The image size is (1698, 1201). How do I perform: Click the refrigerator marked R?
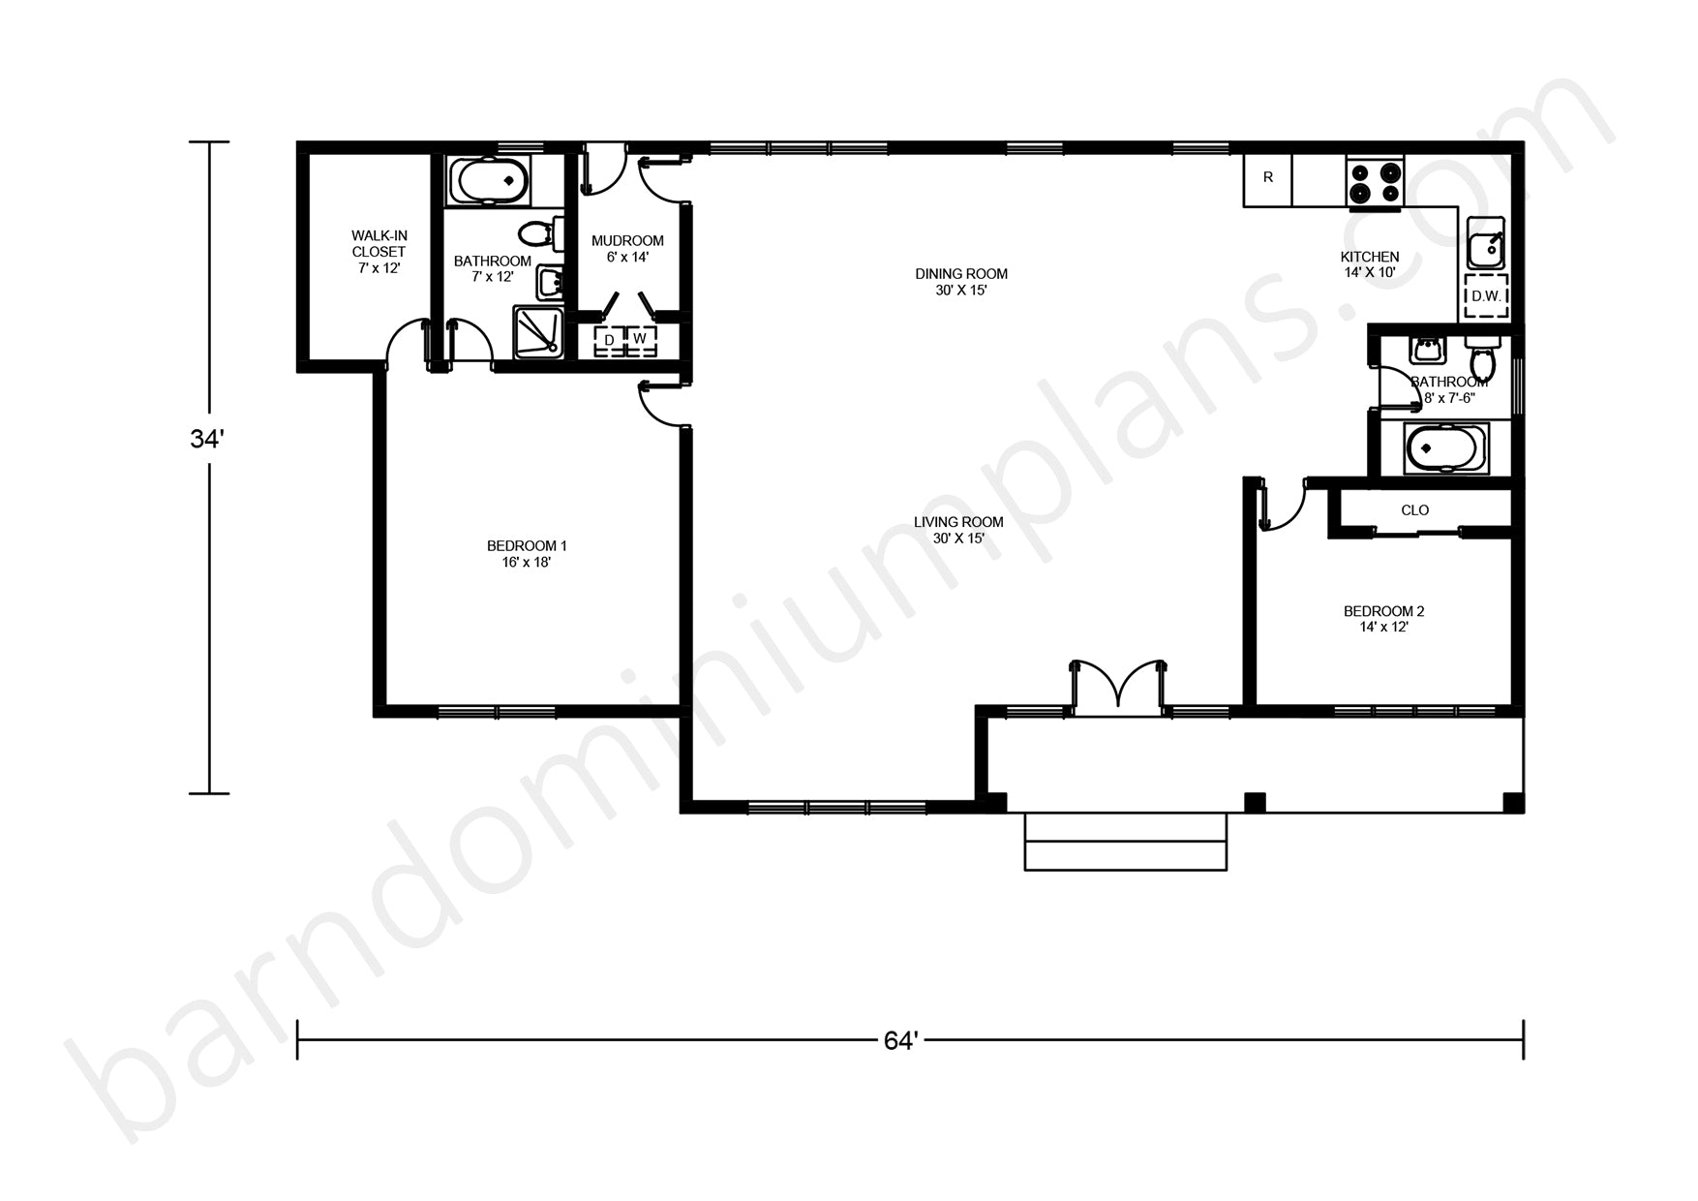click(x=1268, y=180)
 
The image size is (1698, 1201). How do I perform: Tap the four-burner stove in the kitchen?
click(x=1375, y=181)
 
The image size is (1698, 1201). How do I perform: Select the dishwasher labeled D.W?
click(x=1486, y=296)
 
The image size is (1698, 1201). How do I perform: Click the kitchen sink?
click(x=1484, y=242)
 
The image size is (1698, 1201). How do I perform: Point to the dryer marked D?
click(x=609, y=340)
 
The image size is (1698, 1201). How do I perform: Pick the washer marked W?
click(x=640, y=340)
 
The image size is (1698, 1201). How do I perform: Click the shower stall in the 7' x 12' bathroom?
click(x=537, y=332)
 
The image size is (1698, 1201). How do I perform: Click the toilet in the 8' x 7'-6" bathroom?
click(x=1482, y=358)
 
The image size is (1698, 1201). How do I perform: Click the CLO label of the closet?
click(x=1414, y=510)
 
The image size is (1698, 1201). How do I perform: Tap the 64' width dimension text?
click(x=900, y=1040)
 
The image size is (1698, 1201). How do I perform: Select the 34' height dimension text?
click(x=207, y=440)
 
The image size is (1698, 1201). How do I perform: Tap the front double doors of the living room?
click(x=1117, y=686)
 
